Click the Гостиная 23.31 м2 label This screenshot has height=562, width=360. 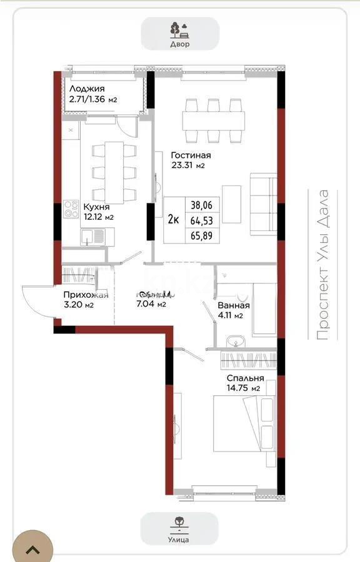(191, 160)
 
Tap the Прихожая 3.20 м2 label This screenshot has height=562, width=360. (86, 300)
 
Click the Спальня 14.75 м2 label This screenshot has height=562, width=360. (245, 383)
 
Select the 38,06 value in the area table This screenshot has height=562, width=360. (201, 205)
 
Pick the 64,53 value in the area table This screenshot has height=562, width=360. (201, 220)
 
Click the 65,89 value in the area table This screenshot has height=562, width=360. (201, 235)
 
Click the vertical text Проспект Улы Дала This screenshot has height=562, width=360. (322, 265)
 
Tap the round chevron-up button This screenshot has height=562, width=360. (32, 548)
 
